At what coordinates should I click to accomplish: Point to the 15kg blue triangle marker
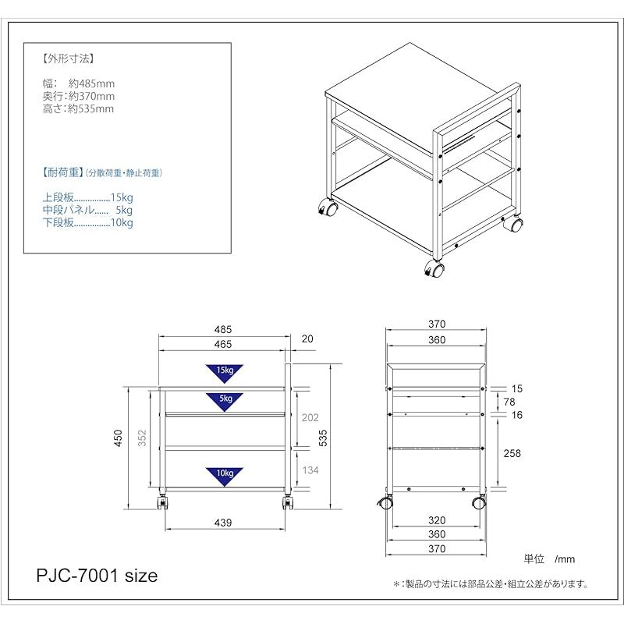click(224, 372)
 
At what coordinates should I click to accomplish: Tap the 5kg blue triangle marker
click(224, 399)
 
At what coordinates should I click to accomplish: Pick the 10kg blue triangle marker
click(224, 475)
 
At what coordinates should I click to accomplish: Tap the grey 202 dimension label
click(310, 418)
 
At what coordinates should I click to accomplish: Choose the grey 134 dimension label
click(310, 469)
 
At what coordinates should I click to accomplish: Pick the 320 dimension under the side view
click(437, 520)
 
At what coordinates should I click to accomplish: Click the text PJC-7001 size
click(97, 576)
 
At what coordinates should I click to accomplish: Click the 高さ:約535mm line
click(78, 109)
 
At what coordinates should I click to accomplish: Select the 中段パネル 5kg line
click(87, 211)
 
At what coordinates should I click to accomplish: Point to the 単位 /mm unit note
click(549, 558)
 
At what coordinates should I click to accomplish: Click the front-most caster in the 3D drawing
click(434, 271)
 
